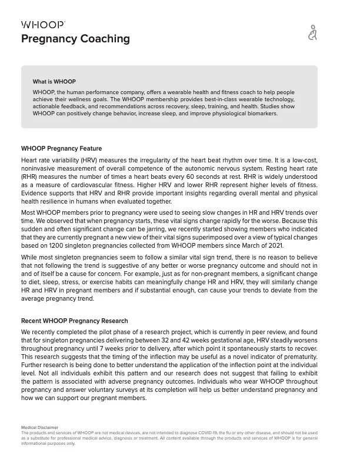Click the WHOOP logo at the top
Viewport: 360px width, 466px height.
(x=43, y=25)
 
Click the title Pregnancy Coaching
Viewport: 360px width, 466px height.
(x=75, y=39)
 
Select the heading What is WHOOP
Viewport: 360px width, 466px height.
(x=54, y=82)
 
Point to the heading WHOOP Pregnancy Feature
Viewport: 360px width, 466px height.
(x=61, y=148)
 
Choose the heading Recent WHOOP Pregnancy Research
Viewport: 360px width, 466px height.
(x=74, y=321)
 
